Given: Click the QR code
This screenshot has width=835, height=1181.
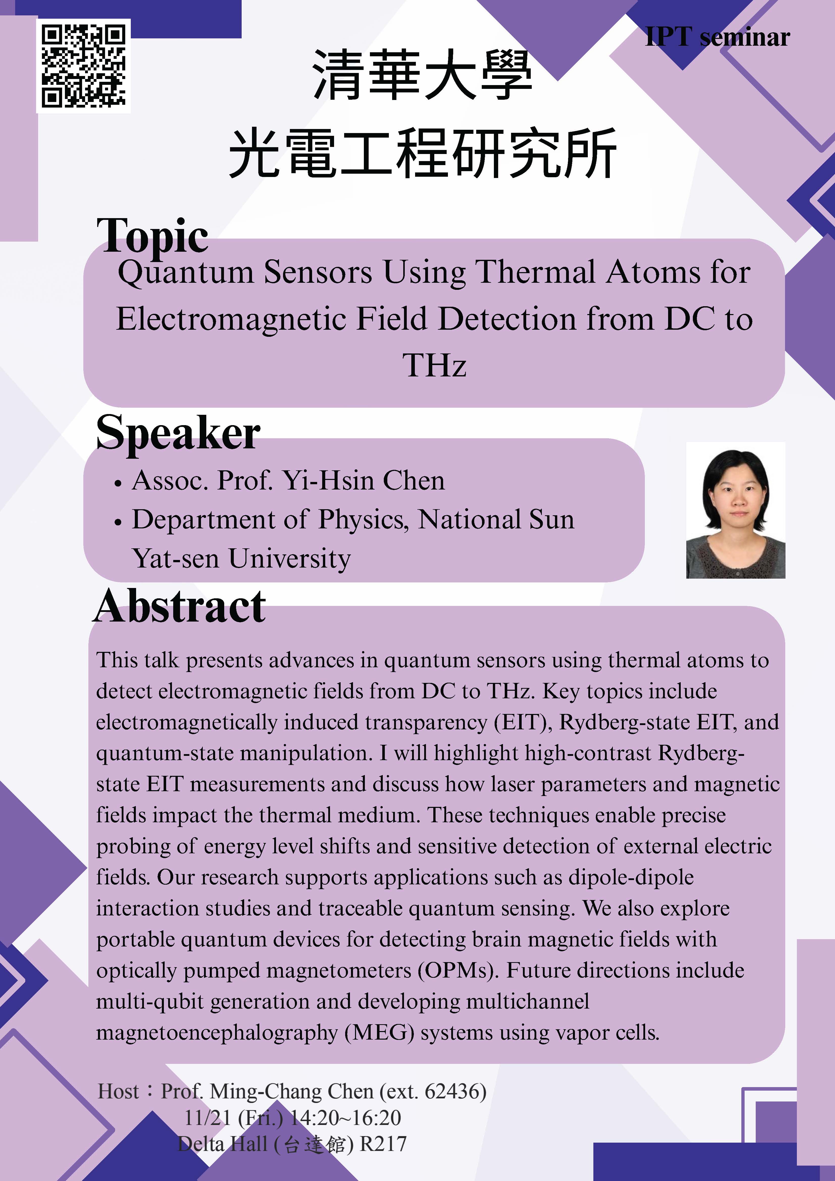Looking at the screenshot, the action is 83,66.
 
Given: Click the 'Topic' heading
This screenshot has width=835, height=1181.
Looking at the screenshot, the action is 152,236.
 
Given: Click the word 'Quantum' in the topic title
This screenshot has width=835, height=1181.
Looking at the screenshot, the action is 186,273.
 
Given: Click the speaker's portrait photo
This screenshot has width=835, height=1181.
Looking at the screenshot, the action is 736,510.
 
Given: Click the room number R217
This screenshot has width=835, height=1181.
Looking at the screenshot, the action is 383,1144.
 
